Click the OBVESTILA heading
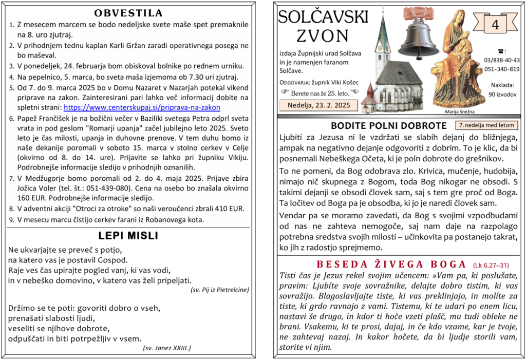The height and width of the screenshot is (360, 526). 128,13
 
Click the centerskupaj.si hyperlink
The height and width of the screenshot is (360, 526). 141,107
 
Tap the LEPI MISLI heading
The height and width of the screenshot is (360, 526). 128,236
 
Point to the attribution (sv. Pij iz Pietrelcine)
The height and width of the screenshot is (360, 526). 219,290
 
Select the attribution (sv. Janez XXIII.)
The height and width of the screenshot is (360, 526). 167,348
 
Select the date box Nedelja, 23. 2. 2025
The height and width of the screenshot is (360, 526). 314,105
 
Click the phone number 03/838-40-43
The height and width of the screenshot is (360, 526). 501,60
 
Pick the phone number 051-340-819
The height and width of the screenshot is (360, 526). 501,69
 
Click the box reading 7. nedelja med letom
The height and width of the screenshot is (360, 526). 486,125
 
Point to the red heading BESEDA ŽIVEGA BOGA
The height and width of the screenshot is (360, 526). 391,264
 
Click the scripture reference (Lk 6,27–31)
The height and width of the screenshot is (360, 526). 491,265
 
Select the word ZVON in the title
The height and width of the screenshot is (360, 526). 322,36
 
